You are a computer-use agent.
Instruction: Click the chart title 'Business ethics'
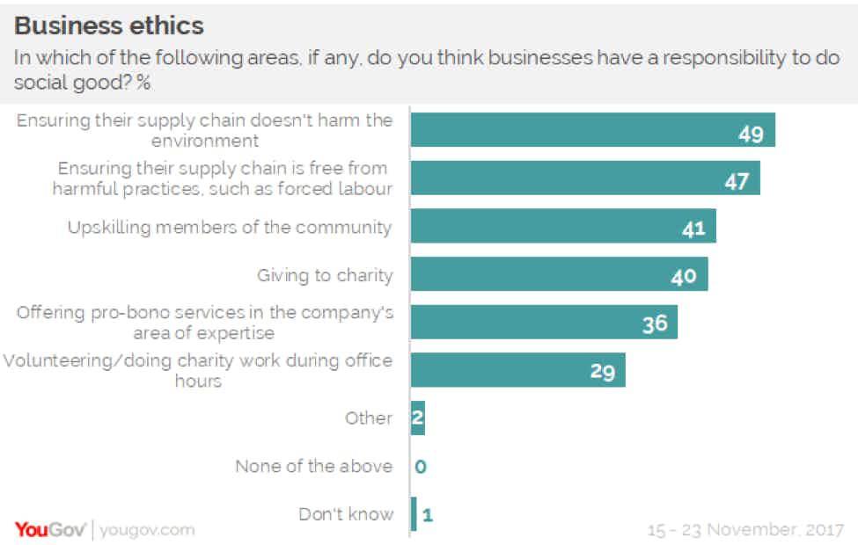tap(110, 24)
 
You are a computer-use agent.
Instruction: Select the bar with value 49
tap(591, 130)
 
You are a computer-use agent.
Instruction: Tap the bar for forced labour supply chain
tap(584, 178)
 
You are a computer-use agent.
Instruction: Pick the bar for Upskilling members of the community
tap(562, 226)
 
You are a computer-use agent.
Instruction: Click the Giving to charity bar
tap(559, 274)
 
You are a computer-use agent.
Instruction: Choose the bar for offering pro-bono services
tap(543, 323)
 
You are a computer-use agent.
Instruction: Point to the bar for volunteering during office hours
tap(517, 371)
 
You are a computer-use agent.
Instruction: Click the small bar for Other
tap(418, 418)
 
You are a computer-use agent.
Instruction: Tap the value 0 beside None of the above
tap(421, 467)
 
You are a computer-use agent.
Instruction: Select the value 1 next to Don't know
tap(428, 515)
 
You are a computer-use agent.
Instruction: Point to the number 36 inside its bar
tap(655, 323)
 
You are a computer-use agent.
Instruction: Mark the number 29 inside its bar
tap(602, 372)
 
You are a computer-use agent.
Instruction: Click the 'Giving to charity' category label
tap(325, 275)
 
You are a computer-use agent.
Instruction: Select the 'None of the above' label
tap(313, 466)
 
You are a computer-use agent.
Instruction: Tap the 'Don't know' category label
tap(346, 514)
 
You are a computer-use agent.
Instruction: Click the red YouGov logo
tap(49, 529)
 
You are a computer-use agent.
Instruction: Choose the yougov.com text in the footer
tap(147, 530)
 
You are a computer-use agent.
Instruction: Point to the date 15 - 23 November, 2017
tap(745, 530)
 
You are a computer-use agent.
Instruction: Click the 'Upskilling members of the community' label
tap(230, 227)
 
